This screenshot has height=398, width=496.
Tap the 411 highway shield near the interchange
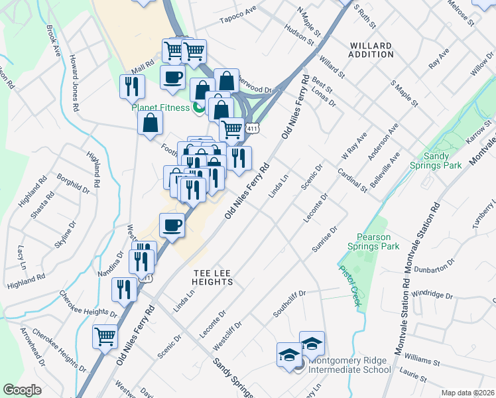251,127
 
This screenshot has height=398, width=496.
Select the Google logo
22,390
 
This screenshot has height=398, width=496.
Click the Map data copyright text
467,393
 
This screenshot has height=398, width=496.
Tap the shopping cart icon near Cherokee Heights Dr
105,336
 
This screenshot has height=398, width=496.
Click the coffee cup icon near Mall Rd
172,76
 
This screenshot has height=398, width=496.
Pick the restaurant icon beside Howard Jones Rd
132,86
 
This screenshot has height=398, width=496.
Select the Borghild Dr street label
73,184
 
